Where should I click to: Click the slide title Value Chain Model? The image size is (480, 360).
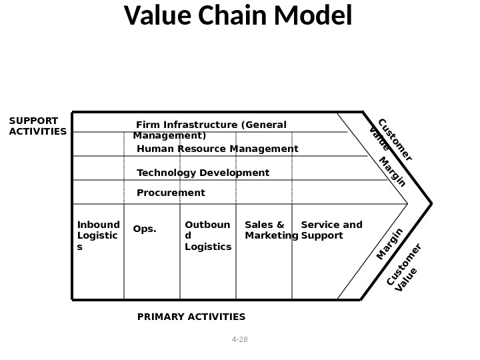pos(238,17)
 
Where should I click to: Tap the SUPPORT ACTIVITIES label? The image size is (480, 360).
pos(37,126)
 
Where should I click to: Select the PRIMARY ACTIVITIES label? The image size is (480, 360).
pos(191,317)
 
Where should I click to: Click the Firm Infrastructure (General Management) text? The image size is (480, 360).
pos(210,130)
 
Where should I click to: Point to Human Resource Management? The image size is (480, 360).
pos(217,149)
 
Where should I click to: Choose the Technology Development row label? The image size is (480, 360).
pos(203,173)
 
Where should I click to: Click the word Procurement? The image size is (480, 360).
pos(171,193)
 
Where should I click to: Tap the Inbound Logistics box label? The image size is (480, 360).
pos(98,236)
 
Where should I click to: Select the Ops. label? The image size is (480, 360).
pos(145,229)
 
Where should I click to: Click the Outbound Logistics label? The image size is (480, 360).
pos(207,236)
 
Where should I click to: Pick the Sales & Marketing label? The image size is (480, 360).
pos(271,230)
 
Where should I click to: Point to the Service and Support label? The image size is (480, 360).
pos(331,230)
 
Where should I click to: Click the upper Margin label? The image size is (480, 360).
pos(393,172)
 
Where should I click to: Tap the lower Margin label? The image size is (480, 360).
pos(390,244)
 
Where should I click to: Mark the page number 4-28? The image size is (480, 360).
pos(239,339)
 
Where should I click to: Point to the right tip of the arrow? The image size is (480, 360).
pos(431,203)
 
